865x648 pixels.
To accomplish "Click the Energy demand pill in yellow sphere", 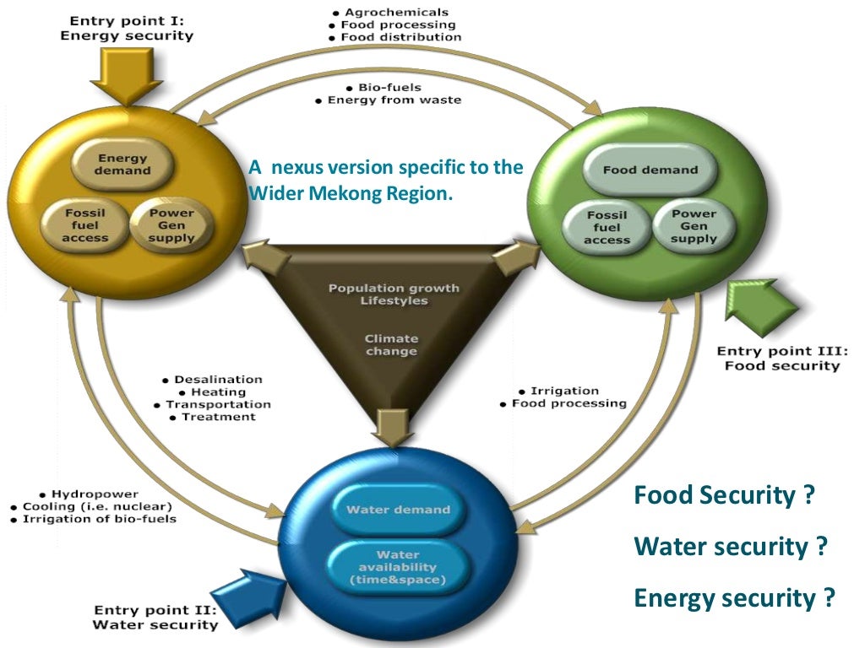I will (x=123, y=165).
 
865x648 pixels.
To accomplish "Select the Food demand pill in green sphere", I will (x=650, y=170).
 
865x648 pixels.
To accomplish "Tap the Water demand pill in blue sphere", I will (x=399, y=510).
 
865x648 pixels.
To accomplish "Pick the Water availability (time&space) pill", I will (x=398, y=567).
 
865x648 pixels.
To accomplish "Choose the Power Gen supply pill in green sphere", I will (x=694, y=226).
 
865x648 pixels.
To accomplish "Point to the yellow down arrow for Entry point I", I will (x=126, y=76).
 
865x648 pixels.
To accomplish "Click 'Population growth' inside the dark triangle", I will (x=394, y=289).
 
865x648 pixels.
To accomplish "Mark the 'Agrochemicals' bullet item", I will (x=395, y=13).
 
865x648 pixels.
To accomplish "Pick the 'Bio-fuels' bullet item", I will (x=389, y=87).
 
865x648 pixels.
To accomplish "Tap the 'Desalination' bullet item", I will (x=218, y=380).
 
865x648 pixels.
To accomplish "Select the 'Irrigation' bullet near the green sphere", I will (x=564, y=391).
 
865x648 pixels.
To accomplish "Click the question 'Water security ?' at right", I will (x=730, y=547).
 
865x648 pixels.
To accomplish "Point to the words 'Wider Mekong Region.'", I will (x=351, y=193).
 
